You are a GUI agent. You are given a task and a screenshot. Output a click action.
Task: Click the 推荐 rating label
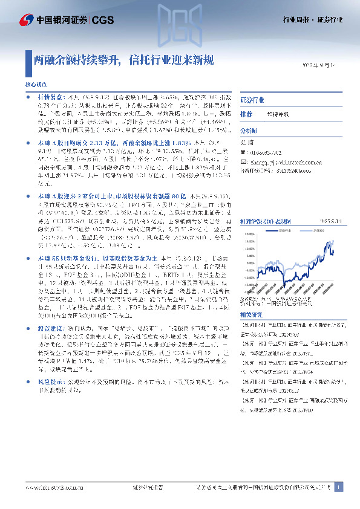click(x=246, y=114)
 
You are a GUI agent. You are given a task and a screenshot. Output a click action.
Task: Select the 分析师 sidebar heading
click(x=249, y=130)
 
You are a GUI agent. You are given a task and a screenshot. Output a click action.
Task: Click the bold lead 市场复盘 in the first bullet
click(x=51, y=96)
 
